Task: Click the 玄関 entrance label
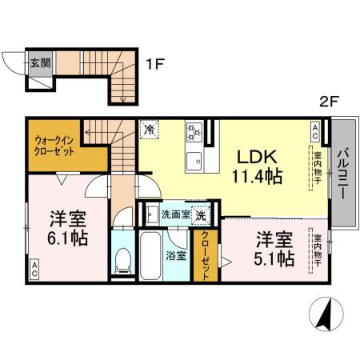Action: coord(39,61)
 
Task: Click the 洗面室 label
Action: coord(175,214)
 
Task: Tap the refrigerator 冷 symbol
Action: coord(150,127)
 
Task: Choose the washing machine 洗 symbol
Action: coord(204,214)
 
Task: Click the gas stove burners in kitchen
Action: coord(194,130)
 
